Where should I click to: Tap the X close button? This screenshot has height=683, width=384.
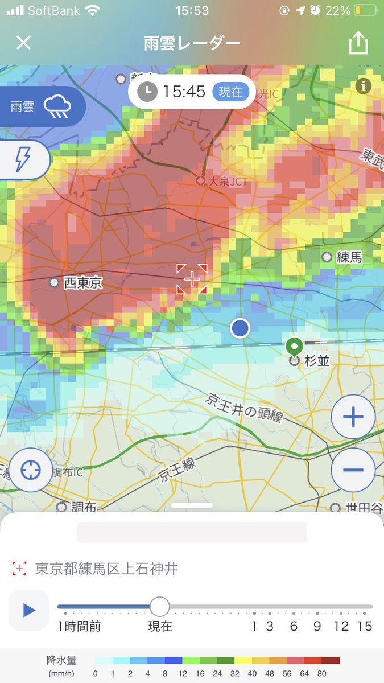[x=23, y=43]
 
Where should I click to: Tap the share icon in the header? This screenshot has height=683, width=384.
[x=358, y=43]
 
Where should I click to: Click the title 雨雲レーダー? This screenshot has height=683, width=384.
[x=192, y=43]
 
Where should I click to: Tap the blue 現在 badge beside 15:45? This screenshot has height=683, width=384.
[x=230, y=92]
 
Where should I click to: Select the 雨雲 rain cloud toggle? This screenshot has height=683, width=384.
[x=41, y=106]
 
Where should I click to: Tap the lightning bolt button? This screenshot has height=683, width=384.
[x=22, y=160]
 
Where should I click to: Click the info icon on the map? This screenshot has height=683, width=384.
[x=363, y=86]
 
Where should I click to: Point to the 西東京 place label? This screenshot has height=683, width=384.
[x=82, y=283]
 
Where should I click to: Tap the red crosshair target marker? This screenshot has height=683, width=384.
[x=192, y=279]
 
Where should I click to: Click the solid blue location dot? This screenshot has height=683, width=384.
[x=240, y=328]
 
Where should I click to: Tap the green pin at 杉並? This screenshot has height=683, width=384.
[x=294, y=345]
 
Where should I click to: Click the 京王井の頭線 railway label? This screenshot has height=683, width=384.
[x=245, y=408]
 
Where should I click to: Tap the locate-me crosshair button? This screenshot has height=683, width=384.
[x=31, y=470]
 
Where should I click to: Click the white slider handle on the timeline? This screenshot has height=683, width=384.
[x=160, y=607]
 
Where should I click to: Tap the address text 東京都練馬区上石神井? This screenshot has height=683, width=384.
[x=106, y=568]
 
